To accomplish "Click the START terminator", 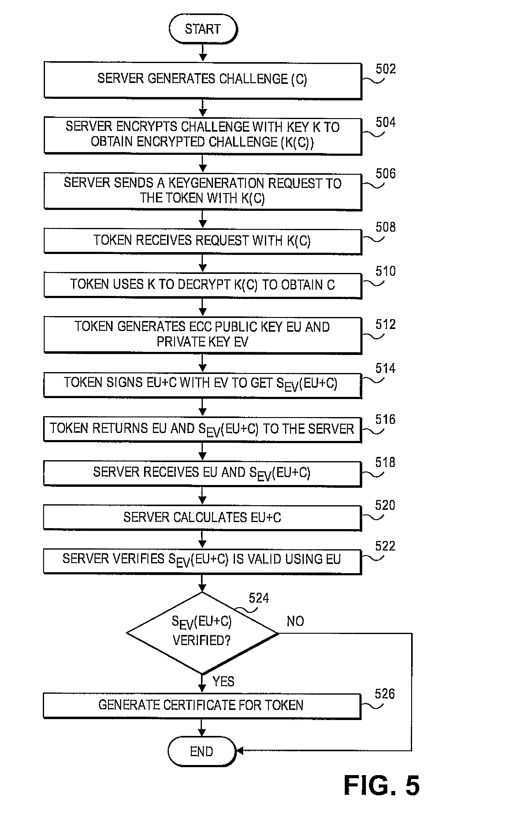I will tap(203, 29).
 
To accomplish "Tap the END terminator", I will tap(202, 751).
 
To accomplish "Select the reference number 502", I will tap(385, 69).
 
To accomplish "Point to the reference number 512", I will tap(385, 324).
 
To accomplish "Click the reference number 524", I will tap(259, 598).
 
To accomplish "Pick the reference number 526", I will tap(385, 694).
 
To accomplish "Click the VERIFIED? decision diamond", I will tap(202, 633).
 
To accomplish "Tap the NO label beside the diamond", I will tap(295, 621).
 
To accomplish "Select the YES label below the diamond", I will tap(223, 681).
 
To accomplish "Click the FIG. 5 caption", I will tap(381, 786).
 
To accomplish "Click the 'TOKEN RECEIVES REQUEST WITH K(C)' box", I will tap(203, 241).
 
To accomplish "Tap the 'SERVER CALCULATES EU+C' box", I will tap(202, 517).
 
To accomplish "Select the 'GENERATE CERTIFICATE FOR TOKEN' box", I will tap(202, 705).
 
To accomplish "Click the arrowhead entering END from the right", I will tap(240, 750).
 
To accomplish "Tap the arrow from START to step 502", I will tap(203, 53).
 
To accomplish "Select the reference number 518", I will tap(385, 462).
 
